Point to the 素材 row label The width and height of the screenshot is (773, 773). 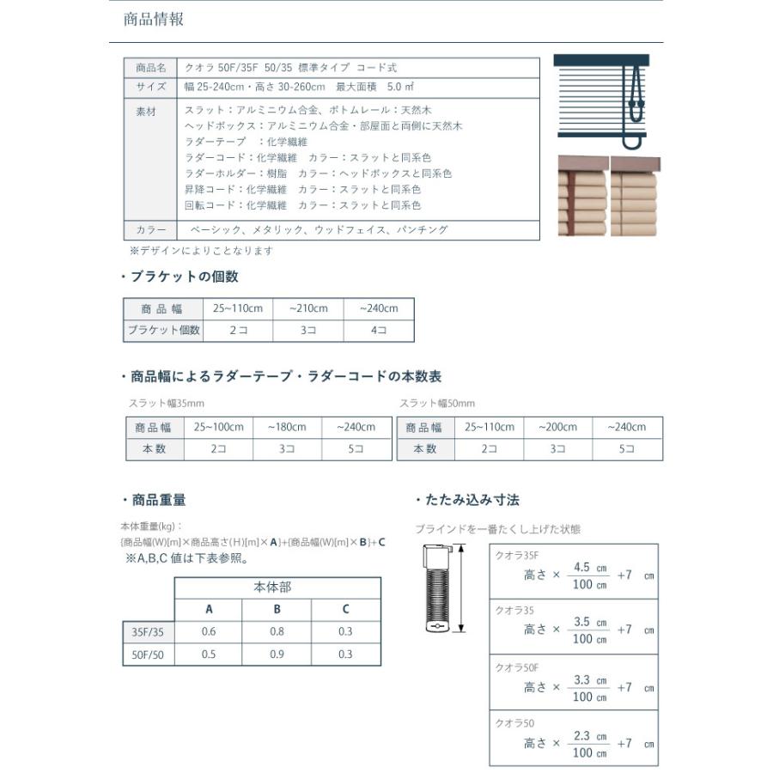(147, 112)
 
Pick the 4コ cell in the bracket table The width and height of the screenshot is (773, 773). (378, 330)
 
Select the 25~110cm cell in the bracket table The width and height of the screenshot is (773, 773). (238, 308)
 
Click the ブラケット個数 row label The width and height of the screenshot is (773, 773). (163, 330)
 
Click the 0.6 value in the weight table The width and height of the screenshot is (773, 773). (208, 632)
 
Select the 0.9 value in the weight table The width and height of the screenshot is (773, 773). (277, 654)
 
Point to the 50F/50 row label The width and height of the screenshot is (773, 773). (149, 654)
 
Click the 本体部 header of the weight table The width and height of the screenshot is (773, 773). (277, 587)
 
